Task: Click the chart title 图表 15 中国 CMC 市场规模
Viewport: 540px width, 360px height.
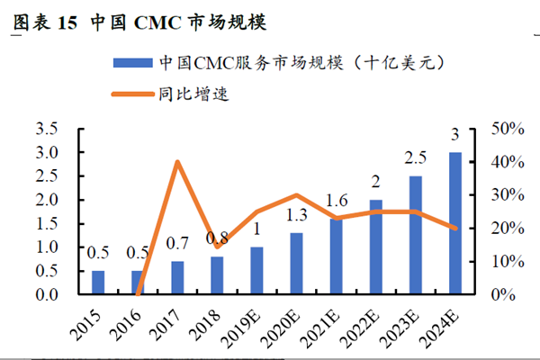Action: click(x=139, y=21)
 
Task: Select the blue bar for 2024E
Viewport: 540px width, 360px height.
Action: click(x=456, y=223)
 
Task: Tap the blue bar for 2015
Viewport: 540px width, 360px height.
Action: click(x=98, y=282)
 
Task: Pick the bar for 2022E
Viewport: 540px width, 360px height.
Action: click(x=376, y=247)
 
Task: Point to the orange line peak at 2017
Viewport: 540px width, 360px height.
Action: click(x=177, y=162)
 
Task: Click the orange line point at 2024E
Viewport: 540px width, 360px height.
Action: click(x=456, y=229)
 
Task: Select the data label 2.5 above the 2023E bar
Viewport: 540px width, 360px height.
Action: click(x=416, y=158)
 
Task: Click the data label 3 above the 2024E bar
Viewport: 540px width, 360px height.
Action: click(x=456, y=135)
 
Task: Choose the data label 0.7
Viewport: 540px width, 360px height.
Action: click(x=177, y=243)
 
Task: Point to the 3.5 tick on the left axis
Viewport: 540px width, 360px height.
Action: click(x=47, y=129)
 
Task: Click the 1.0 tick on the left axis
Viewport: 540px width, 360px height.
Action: click(x=47, y=247)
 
